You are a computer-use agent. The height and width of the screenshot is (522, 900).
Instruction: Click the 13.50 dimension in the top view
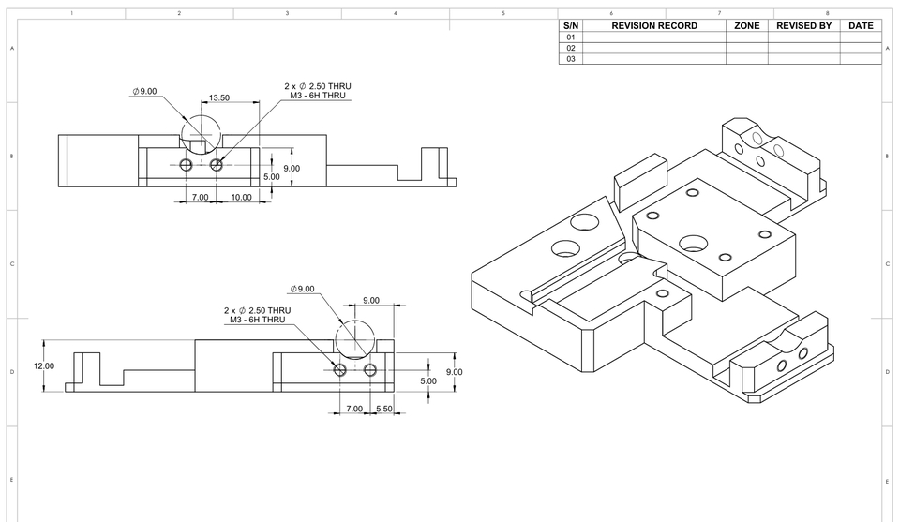(x=219, y=97)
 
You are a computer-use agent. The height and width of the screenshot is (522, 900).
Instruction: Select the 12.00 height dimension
(x=44, y=366)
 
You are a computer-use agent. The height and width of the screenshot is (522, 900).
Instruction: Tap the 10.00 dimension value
(x=242, y=198)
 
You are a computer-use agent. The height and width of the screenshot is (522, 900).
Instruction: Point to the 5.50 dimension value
(x=383, y=409)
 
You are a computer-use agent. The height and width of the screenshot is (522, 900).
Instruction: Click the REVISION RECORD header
(x=654, y=26)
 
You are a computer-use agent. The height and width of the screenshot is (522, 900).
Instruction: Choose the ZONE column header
(x=746, y=26)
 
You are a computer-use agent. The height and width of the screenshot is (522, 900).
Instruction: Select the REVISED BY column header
(x=803, y=26)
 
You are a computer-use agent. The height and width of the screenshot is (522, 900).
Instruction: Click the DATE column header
(x=861, y=26)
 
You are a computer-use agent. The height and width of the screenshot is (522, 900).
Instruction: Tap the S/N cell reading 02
(x=570, y=48)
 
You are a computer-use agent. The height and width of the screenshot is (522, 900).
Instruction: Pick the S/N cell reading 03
(x=570, y=59)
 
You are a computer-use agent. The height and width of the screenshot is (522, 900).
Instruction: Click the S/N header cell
(x=570, y=26)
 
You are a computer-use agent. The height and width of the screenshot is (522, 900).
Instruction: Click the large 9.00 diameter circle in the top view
(x=201, y=130)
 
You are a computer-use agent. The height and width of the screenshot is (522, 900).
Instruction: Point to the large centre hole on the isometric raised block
(x=695, y=241)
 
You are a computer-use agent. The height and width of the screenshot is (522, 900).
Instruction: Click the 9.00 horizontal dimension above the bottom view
(x=371, y=301)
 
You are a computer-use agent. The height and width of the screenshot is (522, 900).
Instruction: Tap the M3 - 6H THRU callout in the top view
(x=317, y=96)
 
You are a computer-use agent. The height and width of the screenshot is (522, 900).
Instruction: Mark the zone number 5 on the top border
(x=503, y=13)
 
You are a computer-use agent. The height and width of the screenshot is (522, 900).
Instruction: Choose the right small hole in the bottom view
(x=372, y=370)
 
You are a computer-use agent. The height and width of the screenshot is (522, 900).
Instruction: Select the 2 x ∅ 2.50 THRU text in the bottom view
(x=257, y=310)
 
